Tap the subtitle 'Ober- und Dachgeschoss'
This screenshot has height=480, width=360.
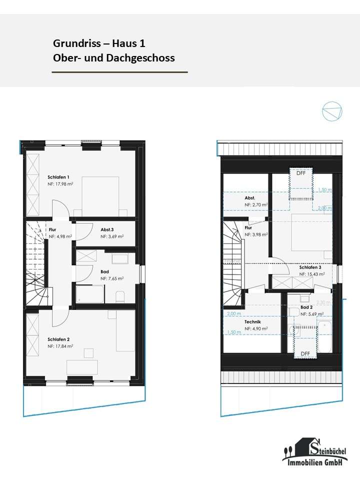[x=113, y=58]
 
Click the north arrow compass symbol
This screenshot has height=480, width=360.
[x=332, y=111]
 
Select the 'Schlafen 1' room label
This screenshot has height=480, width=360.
[x=58, y=177]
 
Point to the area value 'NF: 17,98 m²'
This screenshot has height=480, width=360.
[x=60, y=184]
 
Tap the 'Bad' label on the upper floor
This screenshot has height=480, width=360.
[x=104, y=271]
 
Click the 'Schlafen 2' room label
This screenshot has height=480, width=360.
[x=58, y=339]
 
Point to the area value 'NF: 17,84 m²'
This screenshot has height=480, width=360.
[x=60, y=346]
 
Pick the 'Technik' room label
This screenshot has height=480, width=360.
[x=252, y=322]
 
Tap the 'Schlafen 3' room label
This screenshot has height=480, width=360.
[x=309, y=267]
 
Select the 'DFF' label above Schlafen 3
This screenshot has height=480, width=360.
[x=300, y=173]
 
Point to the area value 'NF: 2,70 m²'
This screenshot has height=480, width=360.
[x=255, y=205]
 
